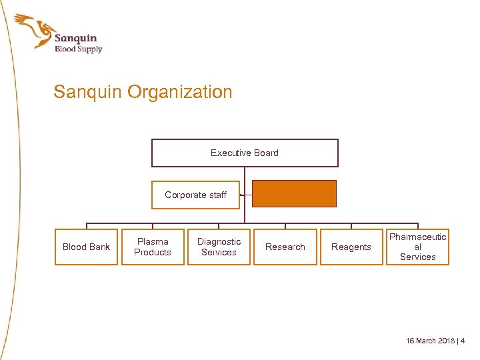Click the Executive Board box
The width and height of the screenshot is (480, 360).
tap(245, 153)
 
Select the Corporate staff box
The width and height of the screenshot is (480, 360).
tap(195, 195)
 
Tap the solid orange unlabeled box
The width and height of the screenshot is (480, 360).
tap(294, 194)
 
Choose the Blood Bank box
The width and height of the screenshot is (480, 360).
tap(86, 247)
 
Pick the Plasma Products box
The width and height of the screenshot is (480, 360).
tap(153, 247)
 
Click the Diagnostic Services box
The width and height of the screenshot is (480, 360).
tap(219, 247)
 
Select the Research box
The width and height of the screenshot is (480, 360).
tap(285, 247)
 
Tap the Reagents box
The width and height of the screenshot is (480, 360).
tap(351, 247)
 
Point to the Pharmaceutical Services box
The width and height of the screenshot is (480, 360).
tap(417, 247)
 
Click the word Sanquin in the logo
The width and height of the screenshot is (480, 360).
tap(75, 38)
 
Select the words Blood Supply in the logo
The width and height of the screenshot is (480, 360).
tap(78, 49)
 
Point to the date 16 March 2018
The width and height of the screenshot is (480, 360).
tap(430, 341)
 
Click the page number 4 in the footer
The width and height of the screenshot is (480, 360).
tap(463, 341)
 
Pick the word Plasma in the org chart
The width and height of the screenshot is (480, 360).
tap(153, 241)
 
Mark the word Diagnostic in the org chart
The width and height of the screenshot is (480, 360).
tap(219, 241)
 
